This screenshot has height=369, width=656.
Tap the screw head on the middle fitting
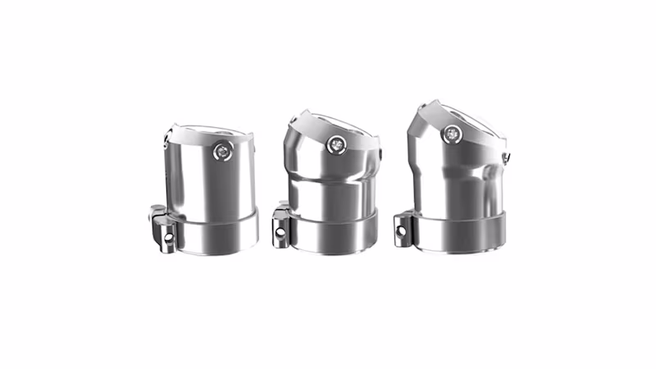tap(336, 144)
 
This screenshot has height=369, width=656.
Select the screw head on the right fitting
tap(451, 132)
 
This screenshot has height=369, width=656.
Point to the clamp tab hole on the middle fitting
tap(280, 232)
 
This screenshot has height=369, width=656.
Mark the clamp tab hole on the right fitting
tap(403, 230)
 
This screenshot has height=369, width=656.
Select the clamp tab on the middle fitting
tap(279, 223)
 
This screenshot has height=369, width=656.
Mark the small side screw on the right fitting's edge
tap(508, 156)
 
